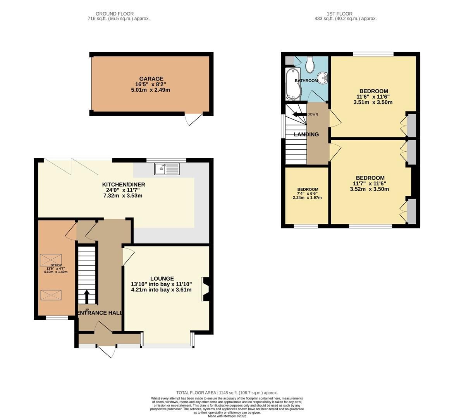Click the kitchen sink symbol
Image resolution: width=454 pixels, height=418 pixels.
(x=167, y=169)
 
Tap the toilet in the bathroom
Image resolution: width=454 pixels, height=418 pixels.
(x=310, y=65)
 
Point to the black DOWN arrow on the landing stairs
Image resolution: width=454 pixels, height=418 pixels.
(x=299, y=114)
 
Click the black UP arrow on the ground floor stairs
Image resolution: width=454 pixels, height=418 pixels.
(x=86, y=297)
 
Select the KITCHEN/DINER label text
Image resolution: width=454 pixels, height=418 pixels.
(x=123, y=184)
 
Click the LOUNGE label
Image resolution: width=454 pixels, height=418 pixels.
(x=162, y=278)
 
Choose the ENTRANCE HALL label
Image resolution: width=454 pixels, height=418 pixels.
(x=100, y=313)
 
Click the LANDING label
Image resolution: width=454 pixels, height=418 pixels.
(x=306, y=134)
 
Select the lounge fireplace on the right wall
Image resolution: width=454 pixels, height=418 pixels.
(x=205, y=289)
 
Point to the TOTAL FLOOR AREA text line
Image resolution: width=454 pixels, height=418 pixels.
(x=227, y=392)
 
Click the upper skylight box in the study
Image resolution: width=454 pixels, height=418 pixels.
(x=51, y=260)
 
